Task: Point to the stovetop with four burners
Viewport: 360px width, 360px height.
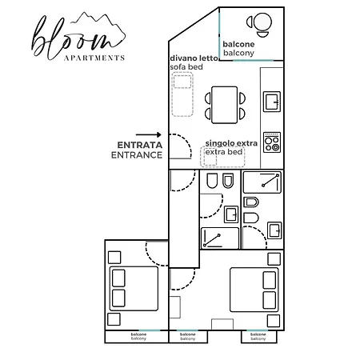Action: pyautogui.click(x=272, y=142)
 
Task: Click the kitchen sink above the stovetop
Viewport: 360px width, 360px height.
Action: pyautogui.click(x=272, y=102)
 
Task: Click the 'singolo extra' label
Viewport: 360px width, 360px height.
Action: pyautogui.click(x=230, y=142)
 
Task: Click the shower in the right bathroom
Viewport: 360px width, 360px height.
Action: pyautogui.click(x=262, y=182)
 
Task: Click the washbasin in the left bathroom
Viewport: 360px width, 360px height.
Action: pyautogui.click(x=231, y=214)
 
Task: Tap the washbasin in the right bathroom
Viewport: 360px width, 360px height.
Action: pyautogui.click(x=274, y=230)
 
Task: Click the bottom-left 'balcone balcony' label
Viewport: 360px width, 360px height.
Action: pyautogui.click(x=138, y=336)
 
